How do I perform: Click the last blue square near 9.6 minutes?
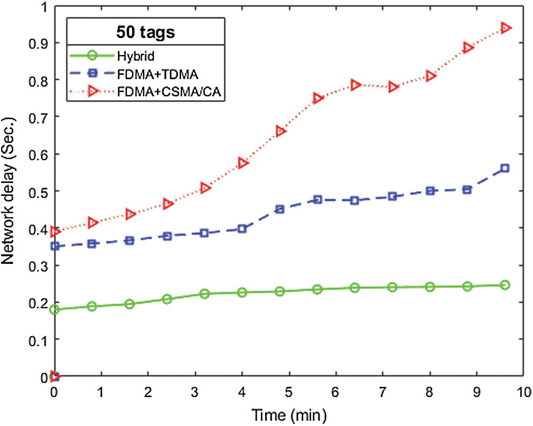pyautogui.click(x=505, y=169)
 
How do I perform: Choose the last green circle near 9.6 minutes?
pyautogui.click(x=505, y=285)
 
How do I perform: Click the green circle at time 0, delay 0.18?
pyautogui.click(x=54, y=310)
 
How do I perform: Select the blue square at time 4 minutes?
pyautogui.click(x=242, y=229)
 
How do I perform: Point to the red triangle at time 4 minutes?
pyautogui.click(x=242, y=163)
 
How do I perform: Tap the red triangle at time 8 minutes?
pyautogui.click(x=430, y=76)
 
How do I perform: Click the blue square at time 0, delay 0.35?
pyautogui.click(x=54, y=247)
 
